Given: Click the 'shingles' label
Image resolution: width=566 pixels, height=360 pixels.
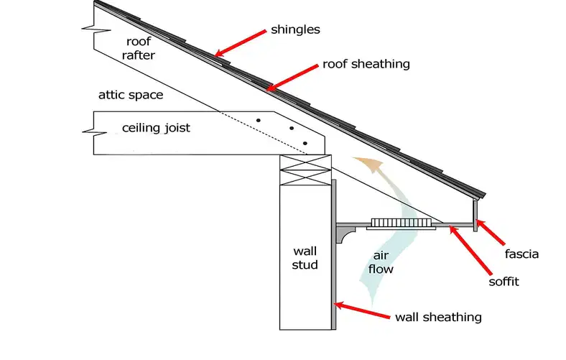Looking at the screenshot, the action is click(x=295, y=29).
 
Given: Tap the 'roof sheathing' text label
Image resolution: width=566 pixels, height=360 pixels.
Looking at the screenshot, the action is click(x=366, y=64).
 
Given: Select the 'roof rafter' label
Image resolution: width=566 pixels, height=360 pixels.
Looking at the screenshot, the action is click(x=138, y=48).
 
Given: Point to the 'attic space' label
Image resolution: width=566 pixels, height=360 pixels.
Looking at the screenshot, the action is click(x=131, y=95).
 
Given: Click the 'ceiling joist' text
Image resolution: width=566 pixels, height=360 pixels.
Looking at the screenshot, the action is click(x=156, y=128).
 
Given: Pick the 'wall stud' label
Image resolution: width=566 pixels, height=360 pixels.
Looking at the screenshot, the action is click(x=305, y=258).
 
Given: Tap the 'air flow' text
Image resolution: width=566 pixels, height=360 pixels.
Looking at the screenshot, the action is click(x=381, y=262).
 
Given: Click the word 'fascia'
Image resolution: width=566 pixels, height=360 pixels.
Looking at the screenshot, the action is click(x=521, y=254).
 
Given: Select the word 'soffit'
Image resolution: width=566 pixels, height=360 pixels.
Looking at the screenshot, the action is click(x=504, y=281).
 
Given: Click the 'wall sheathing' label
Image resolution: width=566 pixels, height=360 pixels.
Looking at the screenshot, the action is click(x=438, y=317).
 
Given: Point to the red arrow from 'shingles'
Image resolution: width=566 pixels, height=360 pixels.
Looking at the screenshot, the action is click(x=240, y=44).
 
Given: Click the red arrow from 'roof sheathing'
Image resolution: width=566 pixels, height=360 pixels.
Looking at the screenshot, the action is click(x=292, y=78).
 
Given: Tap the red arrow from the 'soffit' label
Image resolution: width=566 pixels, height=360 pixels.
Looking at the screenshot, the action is click(x=470, y=249).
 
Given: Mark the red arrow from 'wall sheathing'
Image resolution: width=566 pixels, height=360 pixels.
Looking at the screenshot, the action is click(x=362, y=310).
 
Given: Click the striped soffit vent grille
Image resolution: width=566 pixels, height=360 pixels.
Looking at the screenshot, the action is click(x=402, y=223).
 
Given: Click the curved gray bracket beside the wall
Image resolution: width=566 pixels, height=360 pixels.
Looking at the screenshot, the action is click(x=345, y=234).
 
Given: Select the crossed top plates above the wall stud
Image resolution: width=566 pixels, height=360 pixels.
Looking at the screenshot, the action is click(x=305, y=170).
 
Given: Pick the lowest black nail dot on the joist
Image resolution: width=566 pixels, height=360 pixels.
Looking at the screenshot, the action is click(x=305, y=143).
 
